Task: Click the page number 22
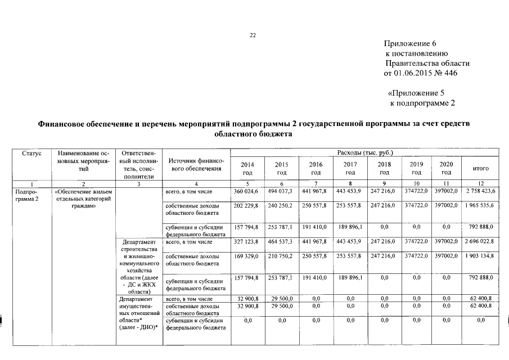point(253,35)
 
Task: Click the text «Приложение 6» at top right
point(410,44)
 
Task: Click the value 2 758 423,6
point(480,192)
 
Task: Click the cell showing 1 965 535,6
point(480,206)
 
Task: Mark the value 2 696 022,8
point(480,242)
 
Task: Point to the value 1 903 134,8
point(480,256)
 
